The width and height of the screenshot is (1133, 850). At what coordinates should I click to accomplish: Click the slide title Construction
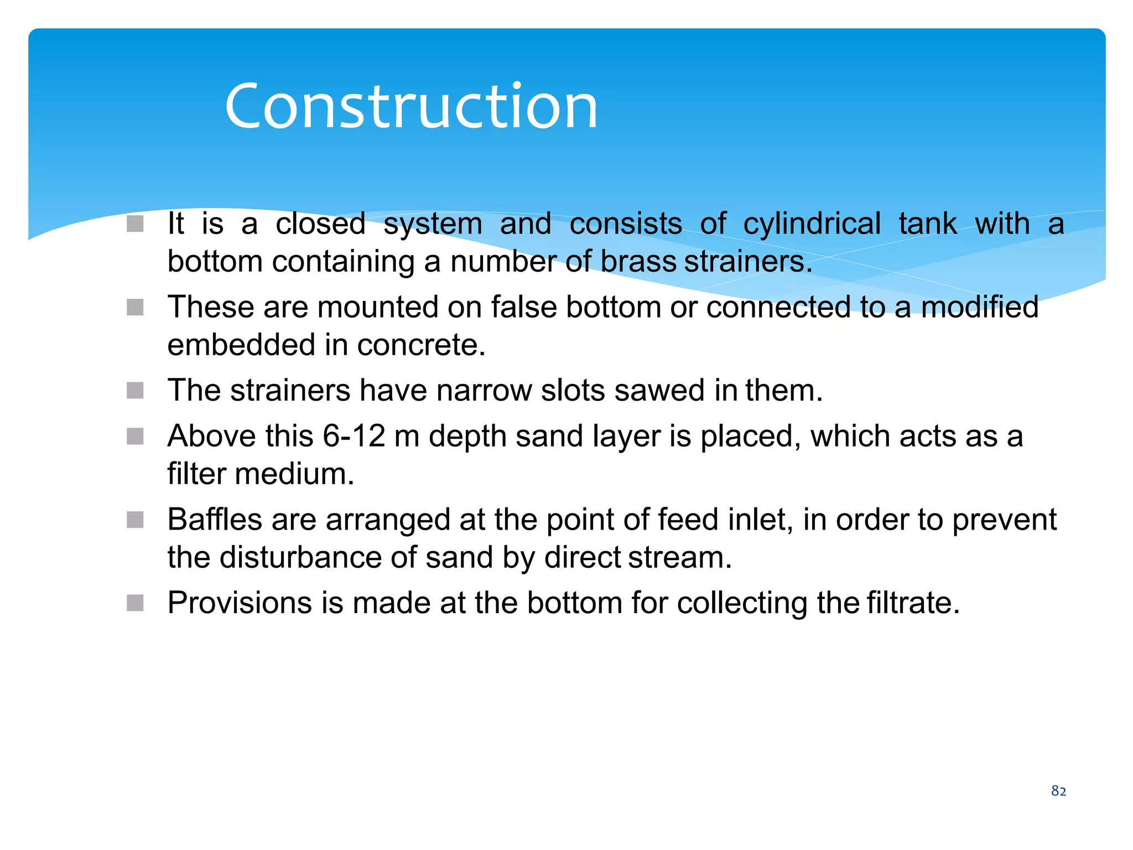(411, 106)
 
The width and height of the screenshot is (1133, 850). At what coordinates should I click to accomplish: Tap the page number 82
(1058, 791)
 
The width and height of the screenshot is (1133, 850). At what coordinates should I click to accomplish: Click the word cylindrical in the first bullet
(812, 224)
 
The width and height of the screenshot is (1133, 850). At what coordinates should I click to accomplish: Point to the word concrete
(421, 345)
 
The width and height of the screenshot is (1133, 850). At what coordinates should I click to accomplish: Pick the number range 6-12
(354, 436)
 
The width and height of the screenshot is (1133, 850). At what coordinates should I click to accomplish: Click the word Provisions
(240, 603)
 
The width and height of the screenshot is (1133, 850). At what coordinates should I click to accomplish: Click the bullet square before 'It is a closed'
(135, 224)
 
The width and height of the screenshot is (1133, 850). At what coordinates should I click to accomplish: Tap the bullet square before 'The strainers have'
(135, 391)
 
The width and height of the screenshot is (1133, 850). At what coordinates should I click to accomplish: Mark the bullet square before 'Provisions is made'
(135, 603)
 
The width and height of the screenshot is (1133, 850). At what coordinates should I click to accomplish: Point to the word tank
(928, 224)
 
